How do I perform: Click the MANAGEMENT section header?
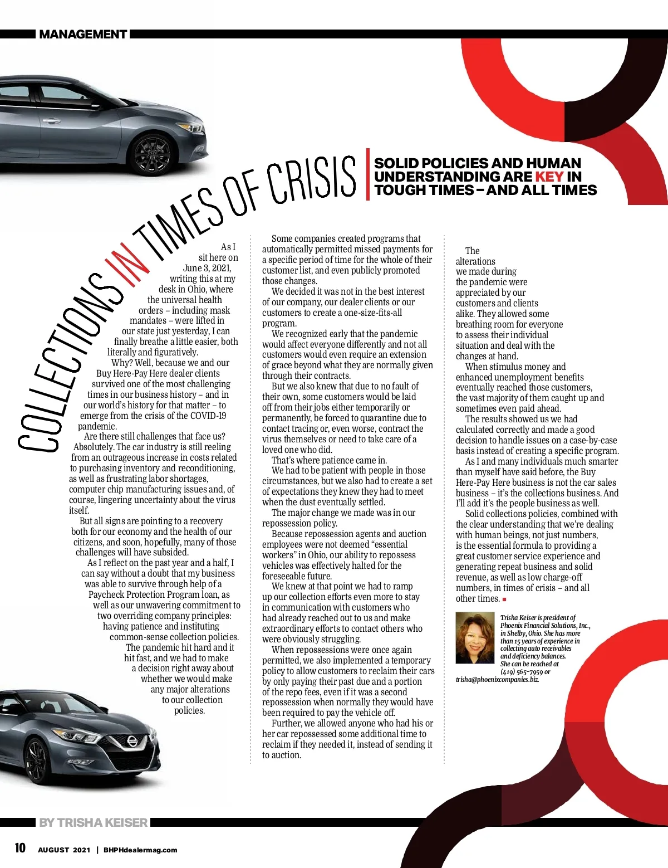point(83,35)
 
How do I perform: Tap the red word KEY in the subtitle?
point(549,177)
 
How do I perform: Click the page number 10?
point(20,848)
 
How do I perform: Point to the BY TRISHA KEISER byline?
point(93,822)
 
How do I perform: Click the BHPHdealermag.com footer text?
point(140,850)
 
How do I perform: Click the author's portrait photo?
point(475,638)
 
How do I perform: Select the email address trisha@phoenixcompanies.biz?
point(497,680)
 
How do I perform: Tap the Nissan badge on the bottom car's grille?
point(132,742)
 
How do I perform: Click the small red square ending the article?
point(504,599)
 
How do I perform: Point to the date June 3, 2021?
point(207,268)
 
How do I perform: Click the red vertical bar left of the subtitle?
point(367,174)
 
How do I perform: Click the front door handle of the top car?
point(51,120)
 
